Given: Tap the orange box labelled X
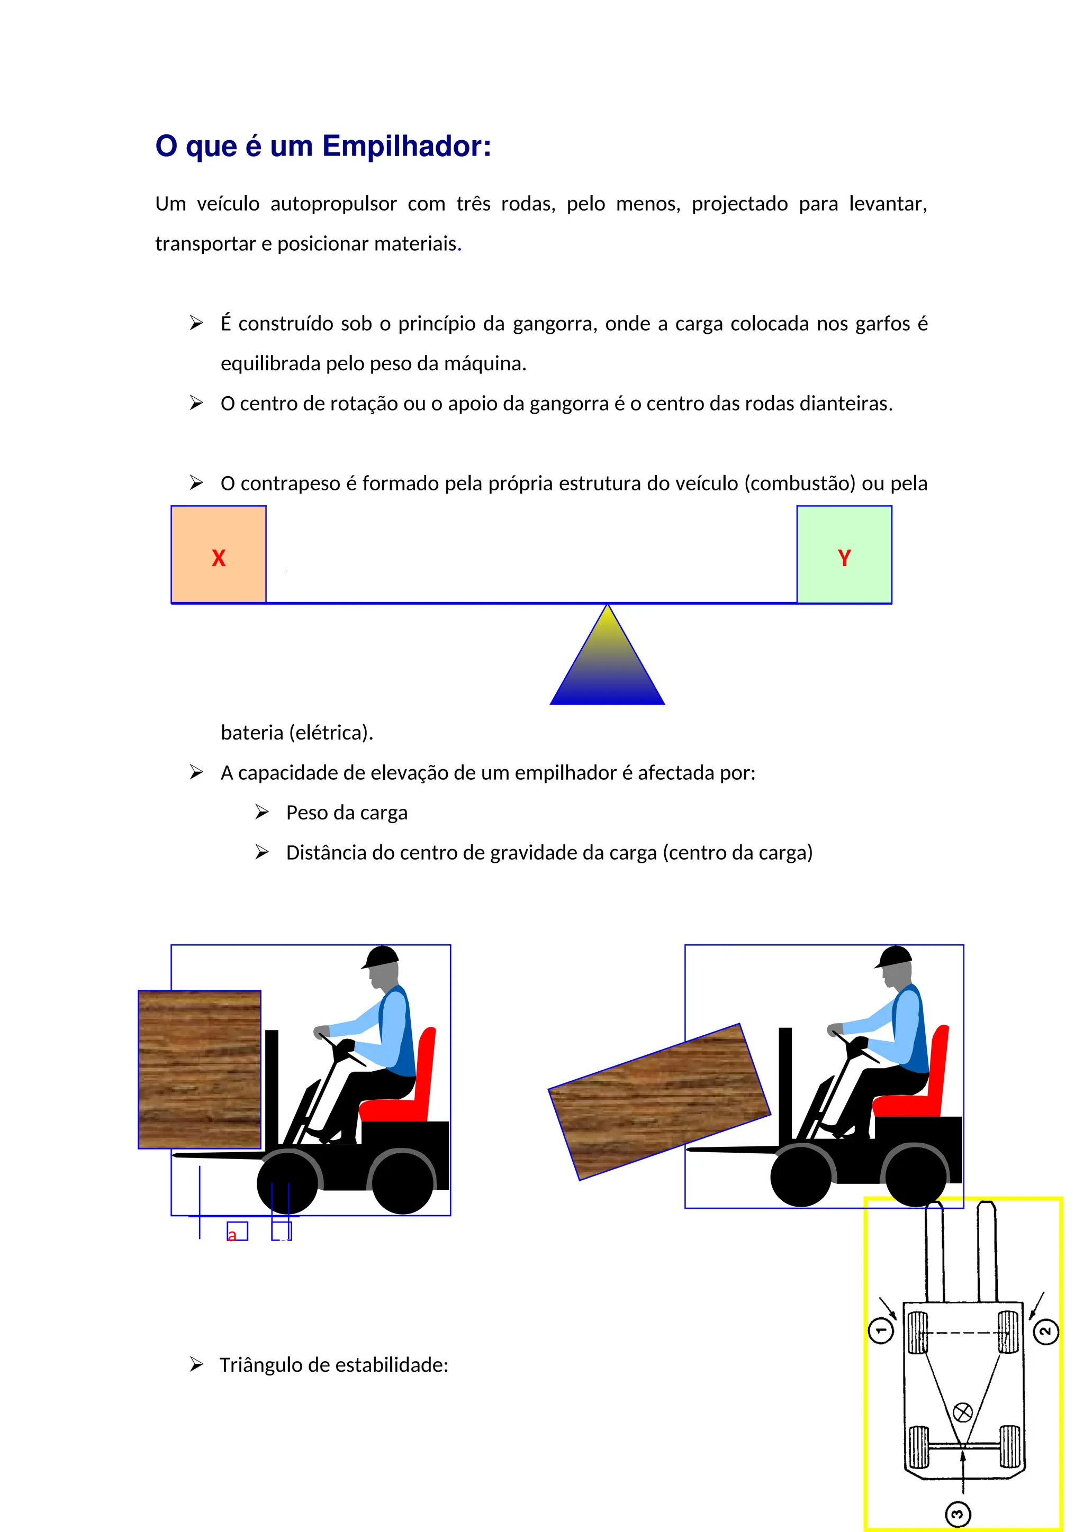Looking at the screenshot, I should [218, 555].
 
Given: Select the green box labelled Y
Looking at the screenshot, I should [844, 555].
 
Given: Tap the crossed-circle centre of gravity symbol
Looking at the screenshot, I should [962, 1412].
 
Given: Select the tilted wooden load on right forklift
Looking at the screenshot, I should [659, 1101].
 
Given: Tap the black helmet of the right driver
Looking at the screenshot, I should [895, 957].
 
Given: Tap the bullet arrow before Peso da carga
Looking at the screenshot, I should [261, 812].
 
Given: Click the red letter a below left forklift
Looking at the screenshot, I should [232, 1236].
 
